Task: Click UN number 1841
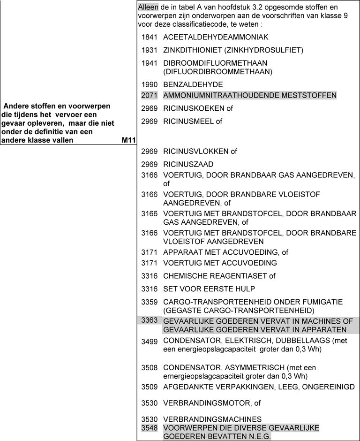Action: (x=150, y=37)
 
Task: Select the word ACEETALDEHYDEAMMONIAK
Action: (x=216, y=37)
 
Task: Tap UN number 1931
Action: (x=150, y=50)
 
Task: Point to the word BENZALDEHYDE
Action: (x=193, y=84)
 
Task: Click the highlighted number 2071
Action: (x=150, y=95)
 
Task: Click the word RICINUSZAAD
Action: (x=188, y=164)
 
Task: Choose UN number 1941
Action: (x=150, y=63)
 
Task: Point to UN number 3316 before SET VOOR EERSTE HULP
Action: (x=150, y=289)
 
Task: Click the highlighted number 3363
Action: (x=150, y=320)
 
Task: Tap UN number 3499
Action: (x=150, y=342)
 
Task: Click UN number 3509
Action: (x=150, y=387)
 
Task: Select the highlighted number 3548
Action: (x=150, y=428)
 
